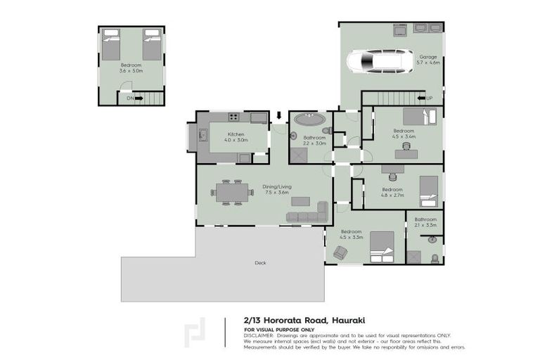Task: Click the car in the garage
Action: [380, 61]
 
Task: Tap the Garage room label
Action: [429, 57]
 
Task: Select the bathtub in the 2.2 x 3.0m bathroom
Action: [309, 119]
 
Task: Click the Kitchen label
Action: [236, 134]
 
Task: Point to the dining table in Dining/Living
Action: [232, 191]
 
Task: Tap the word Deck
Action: [260, 263]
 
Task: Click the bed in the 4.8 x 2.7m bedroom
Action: [429, 189]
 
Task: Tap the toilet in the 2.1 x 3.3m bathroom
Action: [434, 257]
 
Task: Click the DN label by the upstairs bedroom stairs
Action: [130, 98]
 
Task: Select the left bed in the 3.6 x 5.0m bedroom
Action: [111, 44]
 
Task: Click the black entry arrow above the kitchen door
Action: [279, 115]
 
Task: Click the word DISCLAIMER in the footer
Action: [259, 335]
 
